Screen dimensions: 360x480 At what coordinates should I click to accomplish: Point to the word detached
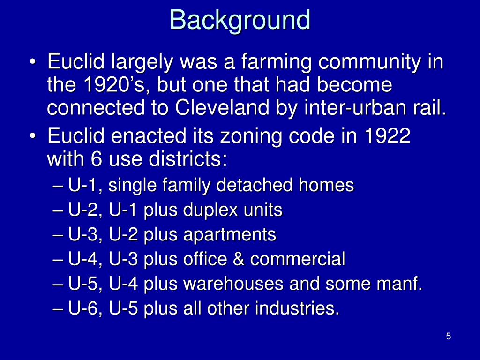[254, 186]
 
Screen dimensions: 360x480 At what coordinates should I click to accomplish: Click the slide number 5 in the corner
[449, 336]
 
